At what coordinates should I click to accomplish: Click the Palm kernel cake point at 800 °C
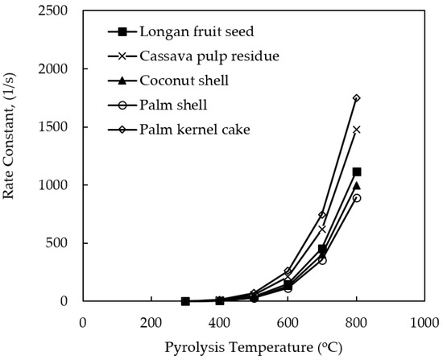(x=357, y=98)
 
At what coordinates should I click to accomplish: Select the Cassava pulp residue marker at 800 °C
(x=357, y=129)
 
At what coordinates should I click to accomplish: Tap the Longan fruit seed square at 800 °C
(x=357, y=172)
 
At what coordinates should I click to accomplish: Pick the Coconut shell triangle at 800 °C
(x=357, y=185)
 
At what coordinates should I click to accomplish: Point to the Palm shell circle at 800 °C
(x=357, y=198)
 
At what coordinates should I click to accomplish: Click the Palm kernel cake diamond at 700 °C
(x=322, y=215)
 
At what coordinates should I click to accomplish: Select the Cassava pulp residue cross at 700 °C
(x=322, y=229)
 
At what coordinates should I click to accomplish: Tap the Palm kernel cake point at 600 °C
(x=288, y=271)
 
